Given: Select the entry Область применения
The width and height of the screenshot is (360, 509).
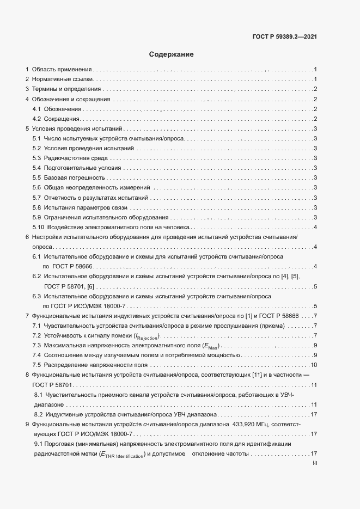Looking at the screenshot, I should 62,69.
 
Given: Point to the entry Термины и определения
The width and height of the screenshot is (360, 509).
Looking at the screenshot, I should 66,89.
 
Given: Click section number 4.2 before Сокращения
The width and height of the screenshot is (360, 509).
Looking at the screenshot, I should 37,119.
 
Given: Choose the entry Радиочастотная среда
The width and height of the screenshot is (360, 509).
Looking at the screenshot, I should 76,158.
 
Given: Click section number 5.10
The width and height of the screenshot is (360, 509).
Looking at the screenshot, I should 39,227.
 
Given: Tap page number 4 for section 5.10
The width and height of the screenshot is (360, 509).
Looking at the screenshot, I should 316,227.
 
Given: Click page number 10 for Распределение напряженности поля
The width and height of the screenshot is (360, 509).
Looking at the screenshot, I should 314,365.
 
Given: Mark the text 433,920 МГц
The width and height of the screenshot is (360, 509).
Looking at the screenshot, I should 258,424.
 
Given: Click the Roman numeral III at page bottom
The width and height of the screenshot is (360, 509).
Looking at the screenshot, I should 314,464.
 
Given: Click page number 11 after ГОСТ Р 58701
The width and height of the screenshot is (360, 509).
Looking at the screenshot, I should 314,385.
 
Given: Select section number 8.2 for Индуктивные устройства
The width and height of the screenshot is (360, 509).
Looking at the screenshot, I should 38,414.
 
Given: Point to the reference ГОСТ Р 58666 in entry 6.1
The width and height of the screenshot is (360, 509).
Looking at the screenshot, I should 71,266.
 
